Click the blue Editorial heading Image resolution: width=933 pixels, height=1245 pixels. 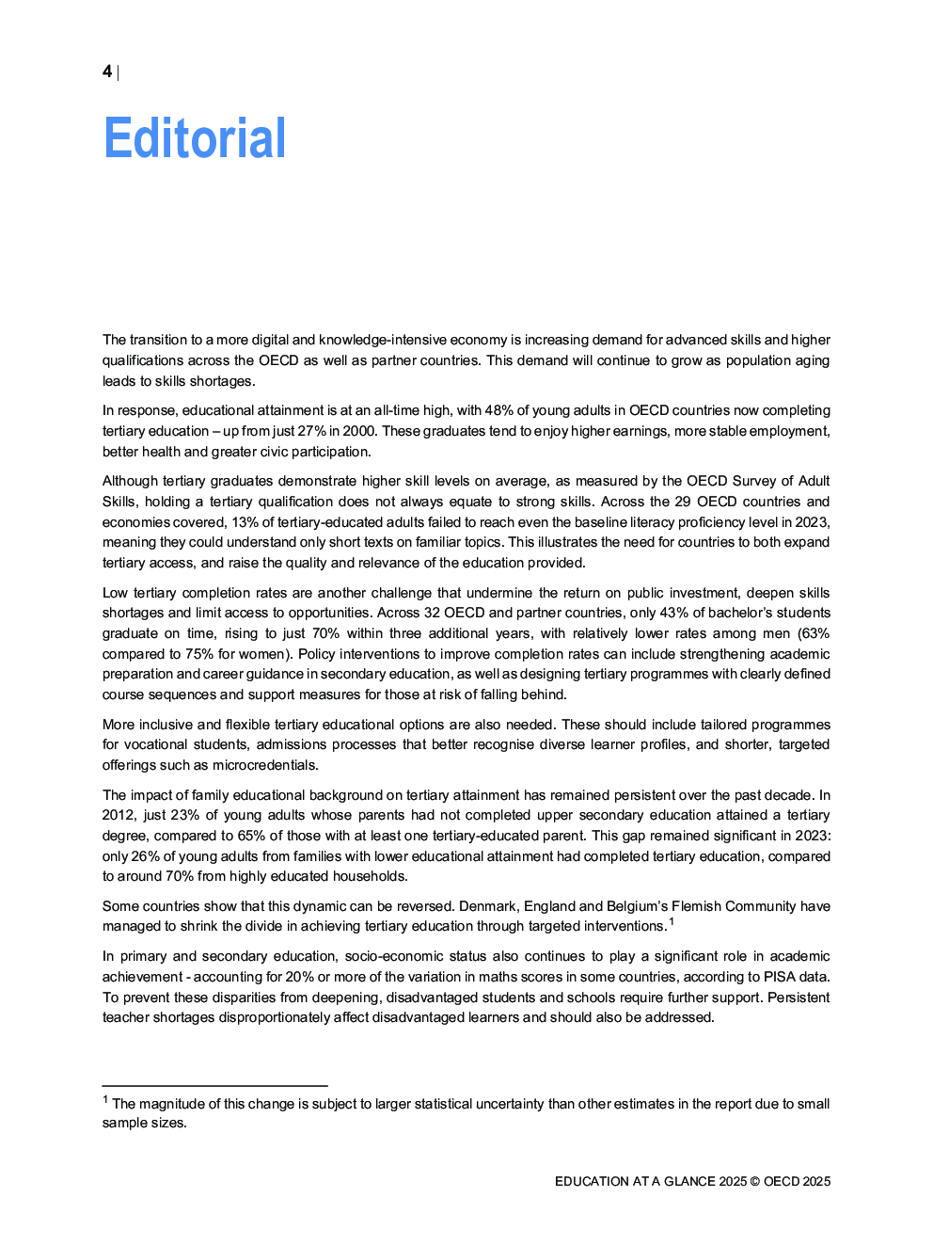click(195, 138)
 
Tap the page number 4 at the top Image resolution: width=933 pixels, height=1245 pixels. click(107, 72)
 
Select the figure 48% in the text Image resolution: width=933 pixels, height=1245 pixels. click(498, 410)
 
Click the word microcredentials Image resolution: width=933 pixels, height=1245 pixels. click(264, 765)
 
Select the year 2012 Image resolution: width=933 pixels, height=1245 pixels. click(119, 815)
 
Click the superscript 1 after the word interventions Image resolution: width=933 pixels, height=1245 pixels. click(672, 922)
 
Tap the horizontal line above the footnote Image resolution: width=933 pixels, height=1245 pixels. click(214, 1085)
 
